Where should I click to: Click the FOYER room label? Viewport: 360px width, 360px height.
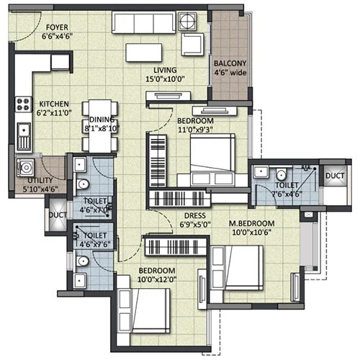coord(57,27)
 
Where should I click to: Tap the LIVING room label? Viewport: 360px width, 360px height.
coord(165,70)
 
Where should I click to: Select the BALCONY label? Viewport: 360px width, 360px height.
coord(230,63)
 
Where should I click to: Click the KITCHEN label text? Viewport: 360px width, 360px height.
coord(54,104)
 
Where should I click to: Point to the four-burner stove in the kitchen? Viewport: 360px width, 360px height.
coord(24,104)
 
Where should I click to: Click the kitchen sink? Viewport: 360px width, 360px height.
coord(24,137)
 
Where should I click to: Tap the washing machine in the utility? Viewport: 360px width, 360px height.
coord(25,167)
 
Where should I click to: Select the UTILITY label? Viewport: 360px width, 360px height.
coord(40,181)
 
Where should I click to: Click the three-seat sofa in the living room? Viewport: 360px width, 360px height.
coord(144,23)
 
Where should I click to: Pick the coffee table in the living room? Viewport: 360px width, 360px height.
coord(144,53)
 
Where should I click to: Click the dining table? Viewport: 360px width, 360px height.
coord(100,126)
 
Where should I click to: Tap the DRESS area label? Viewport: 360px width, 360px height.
coord(195,215)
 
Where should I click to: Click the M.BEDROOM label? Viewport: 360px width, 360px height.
coord(251,223)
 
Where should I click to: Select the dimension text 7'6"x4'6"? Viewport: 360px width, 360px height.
coord(287,194)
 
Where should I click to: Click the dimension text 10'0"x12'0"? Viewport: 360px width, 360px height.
coord(157,279)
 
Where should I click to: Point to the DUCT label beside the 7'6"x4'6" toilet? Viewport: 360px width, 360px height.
coord(335,176)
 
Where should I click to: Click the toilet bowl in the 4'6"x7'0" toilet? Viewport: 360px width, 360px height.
coord(82,184)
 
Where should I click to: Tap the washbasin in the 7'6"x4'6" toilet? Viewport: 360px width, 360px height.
coord(261,171)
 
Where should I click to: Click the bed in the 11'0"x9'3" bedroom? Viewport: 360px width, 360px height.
coord(212,160)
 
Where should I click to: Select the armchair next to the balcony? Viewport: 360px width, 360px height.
coord(193,45)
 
